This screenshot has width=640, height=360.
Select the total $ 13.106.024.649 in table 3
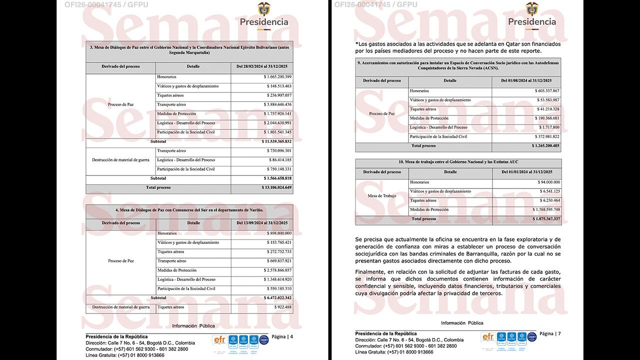click(x=276, y=187)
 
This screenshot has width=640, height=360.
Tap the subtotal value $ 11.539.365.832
click(x=276, y=141)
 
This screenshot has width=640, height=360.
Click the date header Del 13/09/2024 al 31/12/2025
click(x=261, y=222)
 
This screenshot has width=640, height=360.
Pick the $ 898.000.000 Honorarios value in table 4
click(x=279, y=233)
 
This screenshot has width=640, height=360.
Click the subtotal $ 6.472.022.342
click(x=277, y=297)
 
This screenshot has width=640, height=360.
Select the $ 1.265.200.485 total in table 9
click(x=545, y=146)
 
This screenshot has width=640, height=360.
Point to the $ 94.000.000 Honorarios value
click(x=549, y=182)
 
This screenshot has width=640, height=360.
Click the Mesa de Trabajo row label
click(x=382, y=196)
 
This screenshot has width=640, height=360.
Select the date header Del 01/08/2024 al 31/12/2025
click(x=526, y=80)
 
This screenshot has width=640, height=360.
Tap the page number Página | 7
click(x=550, y=333)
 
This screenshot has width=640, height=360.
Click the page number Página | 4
click(x=282, y=336)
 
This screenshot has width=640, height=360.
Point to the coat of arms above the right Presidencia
click(x=532, y=8)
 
